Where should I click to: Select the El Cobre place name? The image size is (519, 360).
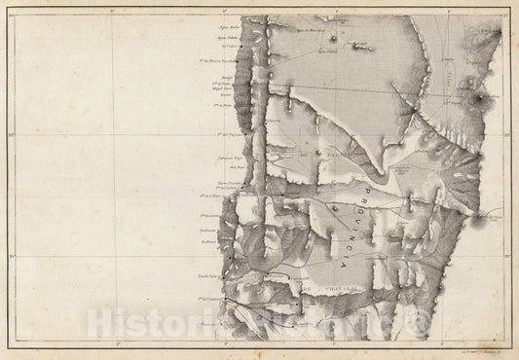(230, 45)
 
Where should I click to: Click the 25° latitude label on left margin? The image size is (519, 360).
(9, 134)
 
